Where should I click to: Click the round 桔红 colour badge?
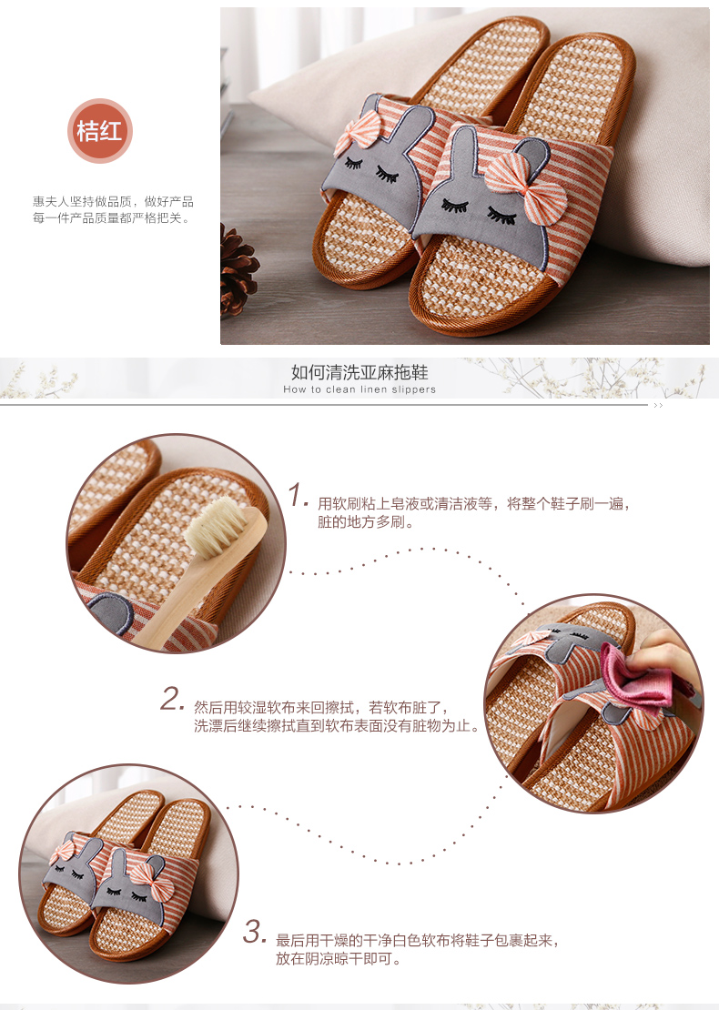pos(100,131)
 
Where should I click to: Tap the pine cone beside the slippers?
pos(238,270)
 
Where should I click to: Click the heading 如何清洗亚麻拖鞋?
pos(359,372)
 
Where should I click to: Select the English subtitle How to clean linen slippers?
pos(359,389)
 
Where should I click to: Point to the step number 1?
pos(298,495)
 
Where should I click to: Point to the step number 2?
pos(172,698)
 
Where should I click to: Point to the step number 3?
pos(254,932)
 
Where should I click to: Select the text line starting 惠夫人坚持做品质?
pos(114,202)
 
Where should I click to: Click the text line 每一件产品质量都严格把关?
pos(112,218)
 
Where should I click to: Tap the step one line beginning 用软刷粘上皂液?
pos(473,504)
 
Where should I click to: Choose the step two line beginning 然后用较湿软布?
pos(321,708)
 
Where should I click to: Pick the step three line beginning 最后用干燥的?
pos(417,941)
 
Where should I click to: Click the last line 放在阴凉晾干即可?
pos(339,959)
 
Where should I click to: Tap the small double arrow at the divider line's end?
pos(658,406)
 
